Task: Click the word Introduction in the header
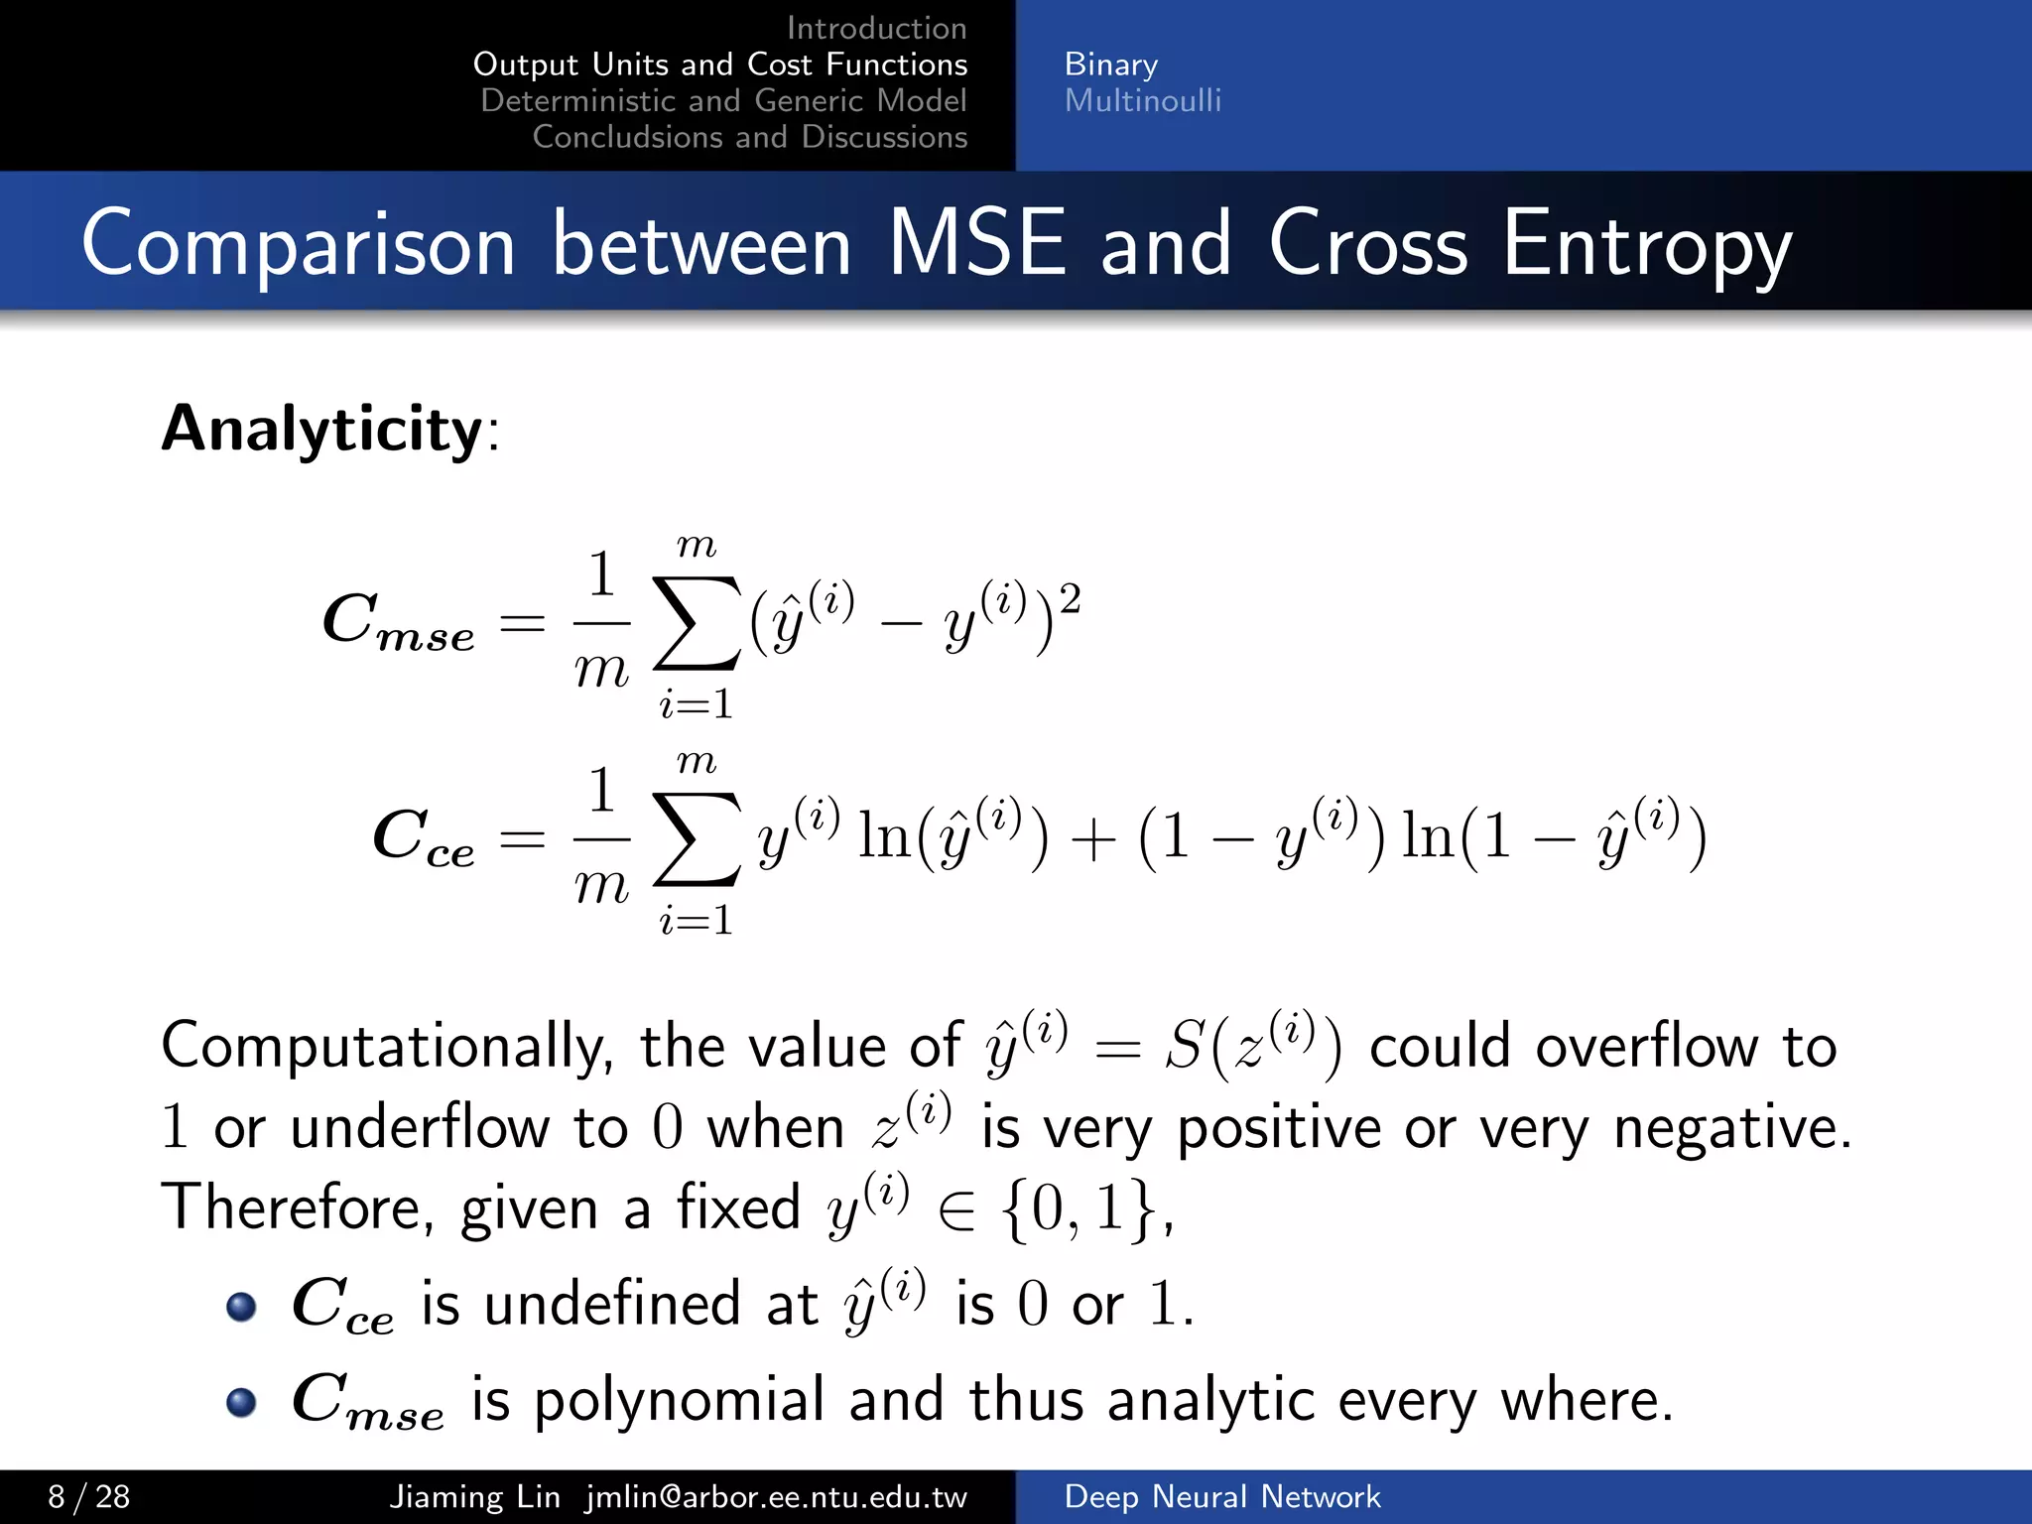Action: (876, 28)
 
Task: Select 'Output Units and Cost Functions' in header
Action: (720, 64)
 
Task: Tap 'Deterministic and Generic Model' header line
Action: (723, 100)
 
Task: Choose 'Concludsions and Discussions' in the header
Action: (749, 137)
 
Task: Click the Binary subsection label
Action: (1110, 64)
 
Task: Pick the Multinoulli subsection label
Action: (1142, 100)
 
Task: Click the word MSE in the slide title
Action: (976, 243)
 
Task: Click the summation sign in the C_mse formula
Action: (697, 623)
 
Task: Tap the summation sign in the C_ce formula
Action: (697, 839)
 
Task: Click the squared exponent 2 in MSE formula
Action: (1070, 599)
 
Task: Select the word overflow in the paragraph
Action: (1646, 1047)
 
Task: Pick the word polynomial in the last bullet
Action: (679, 1401)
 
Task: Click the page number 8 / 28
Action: (89, 1496)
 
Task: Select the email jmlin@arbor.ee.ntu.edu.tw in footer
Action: (776, 1496)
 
